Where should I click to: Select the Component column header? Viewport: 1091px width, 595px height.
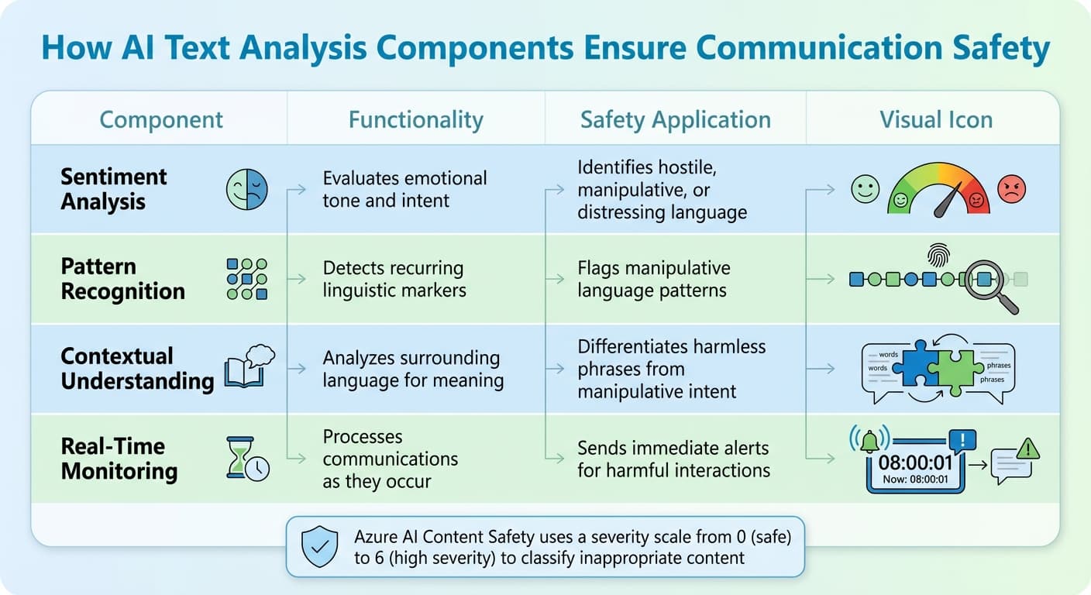(161, 120)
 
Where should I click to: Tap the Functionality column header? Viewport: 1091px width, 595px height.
(415, 120)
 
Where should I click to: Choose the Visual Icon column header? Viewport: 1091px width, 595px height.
(935, 120)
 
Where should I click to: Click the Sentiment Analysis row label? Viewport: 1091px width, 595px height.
(114, 189)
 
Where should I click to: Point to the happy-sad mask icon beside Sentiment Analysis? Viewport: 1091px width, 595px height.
(246, 189)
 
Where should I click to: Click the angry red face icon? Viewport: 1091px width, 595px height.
(1011, 189)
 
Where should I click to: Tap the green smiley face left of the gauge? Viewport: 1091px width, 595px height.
(865, 189)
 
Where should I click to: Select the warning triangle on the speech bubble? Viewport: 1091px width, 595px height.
(1027, 448)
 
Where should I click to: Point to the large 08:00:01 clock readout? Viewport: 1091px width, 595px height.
(915, 463)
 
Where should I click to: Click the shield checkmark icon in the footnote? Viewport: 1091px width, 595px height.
(318, 545)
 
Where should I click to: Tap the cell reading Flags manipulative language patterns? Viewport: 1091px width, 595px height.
(653, 280)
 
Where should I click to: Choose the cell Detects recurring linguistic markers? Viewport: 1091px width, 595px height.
(394, 280)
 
